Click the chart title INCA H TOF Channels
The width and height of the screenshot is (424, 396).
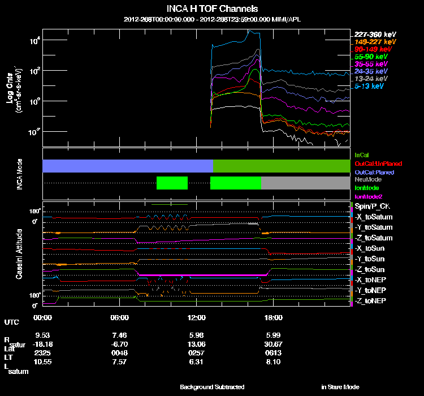click(x=213, y=9)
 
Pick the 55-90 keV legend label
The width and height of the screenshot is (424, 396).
click(x=371, y=57)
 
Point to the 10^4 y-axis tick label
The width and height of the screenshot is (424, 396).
click(x=34, y=40)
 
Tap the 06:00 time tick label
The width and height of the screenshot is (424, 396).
click(x=120, y=318)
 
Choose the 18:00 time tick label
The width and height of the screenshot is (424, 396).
click(x=274, y=318)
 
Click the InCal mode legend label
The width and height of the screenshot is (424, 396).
click(x=362, y=154)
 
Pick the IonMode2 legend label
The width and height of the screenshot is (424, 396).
click(x=369, y=195)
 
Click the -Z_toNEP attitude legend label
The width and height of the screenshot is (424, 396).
click(x=370, y=300)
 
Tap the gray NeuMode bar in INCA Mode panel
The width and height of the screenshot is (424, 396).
click(x=305, y=183)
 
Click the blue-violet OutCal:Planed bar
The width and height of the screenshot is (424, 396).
click(x=128, y=166)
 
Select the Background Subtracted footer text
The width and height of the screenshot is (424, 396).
click(x=212, y=387)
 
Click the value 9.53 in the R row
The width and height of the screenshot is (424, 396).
click(x=43, y=335)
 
